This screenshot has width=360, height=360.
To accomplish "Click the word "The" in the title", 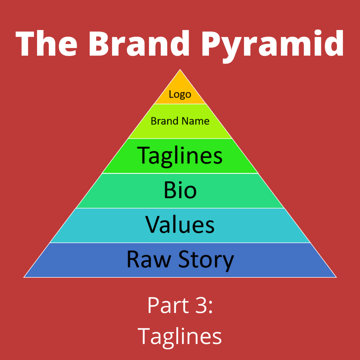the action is (x=46, y=43).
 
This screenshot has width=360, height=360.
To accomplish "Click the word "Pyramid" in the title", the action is (x=273, y=46).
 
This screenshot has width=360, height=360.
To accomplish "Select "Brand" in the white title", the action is (x=139, y=43).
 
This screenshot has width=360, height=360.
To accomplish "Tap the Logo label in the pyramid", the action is (x=180, y=94).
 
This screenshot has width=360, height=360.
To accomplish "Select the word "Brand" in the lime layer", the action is (x=165, y=121).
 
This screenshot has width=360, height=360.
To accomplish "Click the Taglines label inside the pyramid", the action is (x=180, y=156).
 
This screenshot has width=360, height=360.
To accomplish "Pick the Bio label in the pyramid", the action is (x=180, y=190).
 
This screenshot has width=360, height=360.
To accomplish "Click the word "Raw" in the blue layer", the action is (x=149, y=259).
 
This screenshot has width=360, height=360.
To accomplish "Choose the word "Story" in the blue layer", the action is (x=206, y=261).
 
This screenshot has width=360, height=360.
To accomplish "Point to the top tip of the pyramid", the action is (x=180, y=69).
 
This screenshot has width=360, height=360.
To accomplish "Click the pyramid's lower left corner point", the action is (x=24, y=277).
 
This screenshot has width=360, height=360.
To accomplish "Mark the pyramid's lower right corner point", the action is (x=336, y=277).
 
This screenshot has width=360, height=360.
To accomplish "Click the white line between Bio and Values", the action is (x=180, y=208).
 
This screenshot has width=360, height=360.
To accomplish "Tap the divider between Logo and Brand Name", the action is (x=180, y=104).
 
